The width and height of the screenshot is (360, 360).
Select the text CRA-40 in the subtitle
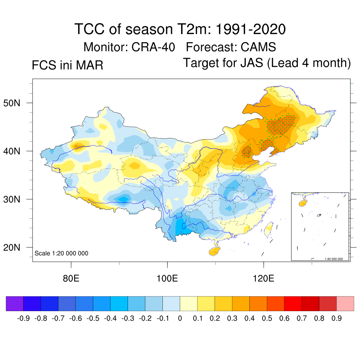(153, 47)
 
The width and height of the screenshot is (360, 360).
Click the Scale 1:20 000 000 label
(62, 253)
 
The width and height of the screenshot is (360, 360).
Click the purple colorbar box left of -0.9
(15, 304)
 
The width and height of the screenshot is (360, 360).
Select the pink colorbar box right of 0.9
(345, 304)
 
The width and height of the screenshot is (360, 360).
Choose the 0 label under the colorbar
(180, 319)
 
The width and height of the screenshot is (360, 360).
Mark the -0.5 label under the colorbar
(92, 319)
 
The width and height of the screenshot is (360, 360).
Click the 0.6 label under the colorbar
(284, 319)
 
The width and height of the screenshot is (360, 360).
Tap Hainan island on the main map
(214, 252)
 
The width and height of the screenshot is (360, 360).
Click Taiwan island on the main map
(269, 229)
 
